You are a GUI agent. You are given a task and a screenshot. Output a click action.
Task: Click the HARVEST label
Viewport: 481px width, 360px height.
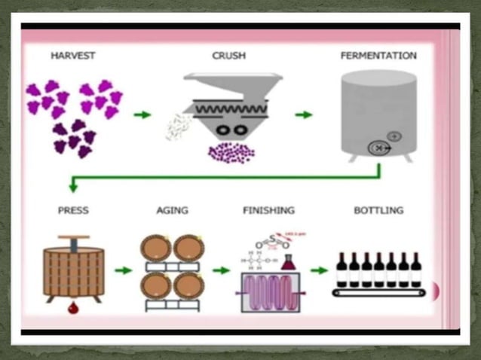[x=73, y=56]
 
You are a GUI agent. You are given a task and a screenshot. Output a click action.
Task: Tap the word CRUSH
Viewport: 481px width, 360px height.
[x=229, y=56]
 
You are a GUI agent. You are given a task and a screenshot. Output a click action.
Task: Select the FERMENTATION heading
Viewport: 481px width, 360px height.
[x=378, y=56]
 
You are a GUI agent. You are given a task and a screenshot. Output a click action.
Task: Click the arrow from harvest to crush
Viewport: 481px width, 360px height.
[x=142, y=114]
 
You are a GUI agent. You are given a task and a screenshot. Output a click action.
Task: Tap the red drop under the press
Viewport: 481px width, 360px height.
[x=73, y=307]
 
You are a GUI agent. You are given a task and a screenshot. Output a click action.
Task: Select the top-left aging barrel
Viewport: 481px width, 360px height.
[x=155, y=248]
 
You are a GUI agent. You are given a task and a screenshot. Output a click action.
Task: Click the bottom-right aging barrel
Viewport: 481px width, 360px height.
[x=188, y=285]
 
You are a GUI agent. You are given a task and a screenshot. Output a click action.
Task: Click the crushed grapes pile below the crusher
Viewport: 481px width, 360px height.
[x=231, y=152]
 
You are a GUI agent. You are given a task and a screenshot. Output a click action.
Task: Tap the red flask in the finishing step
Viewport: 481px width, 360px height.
[x=287, y=262]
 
